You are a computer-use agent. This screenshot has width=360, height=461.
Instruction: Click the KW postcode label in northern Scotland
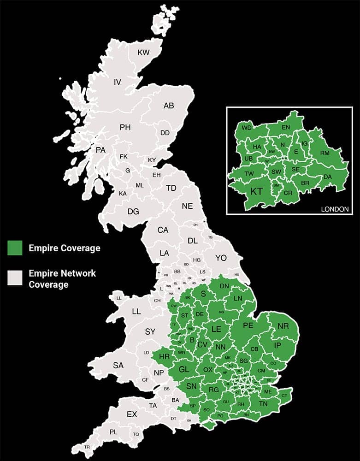coord(144,53)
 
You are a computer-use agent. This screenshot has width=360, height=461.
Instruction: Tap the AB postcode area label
coord(169,106)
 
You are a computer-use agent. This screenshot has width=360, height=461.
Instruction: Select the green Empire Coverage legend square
coord(15,248)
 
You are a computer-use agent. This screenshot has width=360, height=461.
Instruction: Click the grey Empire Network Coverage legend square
coord(15,278)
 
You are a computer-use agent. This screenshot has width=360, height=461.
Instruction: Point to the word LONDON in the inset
coord(334,209)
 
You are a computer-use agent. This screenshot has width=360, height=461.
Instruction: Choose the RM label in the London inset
coord(325,153)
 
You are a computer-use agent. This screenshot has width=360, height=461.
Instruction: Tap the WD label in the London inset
coord(247,128)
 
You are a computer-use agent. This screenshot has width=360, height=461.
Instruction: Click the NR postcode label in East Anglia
coord(283,326)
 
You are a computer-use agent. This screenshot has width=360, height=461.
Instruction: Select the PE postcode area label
coord(248,325)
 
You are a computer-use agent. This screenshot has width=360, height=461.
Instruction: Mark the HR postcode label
coord(164,356)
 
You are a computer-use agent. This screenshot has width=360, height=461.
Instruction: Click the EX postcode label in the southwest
coord(132,414)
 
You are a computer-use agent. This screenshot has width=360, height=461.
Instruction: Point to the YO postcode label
coord(221,258)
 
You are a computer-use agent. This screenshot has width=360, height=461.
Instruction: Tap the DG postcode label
coord(133,212)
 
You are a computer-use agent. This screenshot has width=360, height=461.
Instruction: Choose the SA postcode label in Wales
coord(118,366)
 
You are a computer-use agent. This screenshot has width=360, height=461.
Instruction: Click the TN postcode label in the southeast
coord(263,404)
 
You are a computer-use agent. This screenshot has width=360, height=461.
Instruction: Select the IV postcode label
coord(118,83)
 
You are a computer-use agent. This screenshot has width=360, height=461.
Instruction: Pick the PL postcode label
coord(113,432)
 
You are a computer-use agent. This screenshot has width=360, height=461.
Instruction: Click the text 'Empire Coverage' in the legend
coord(64,248)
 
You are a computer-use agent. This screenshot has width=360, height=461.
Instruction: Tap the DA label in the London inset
coord(328,177)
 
